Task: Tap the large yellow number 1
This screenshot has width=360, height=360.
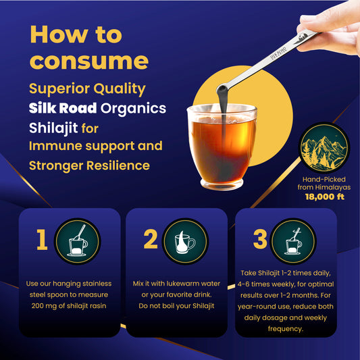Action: [42, 239]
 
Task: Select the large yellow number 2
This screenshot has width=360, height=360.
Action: [151, 239]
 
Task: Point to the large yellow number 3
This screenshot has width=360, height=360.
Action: [260, 239]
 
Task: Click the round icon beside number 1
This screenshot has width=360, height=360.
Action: [78, 241]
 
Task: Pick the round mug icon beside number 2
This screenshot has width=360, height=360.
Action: [185, 241]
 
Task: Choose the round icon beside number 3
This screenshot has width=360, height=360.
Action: [293, 241]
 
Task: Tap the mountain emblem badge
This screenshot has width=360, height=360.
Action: [324, 148]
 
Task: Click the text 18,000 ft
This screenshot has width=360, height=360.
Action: [325, 197]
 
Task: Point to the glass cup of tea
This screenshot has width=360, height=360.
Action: [222, 147]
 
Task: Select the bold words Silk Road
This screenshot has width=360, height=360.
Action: [63, 108]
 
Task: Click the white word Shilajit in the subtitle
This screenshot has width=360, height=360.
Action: [53, 128]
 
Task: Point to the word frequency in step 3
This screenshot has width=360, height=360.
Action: [286, 329]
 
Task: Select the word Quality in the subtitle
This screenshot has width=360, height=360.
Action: [120, 89]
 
